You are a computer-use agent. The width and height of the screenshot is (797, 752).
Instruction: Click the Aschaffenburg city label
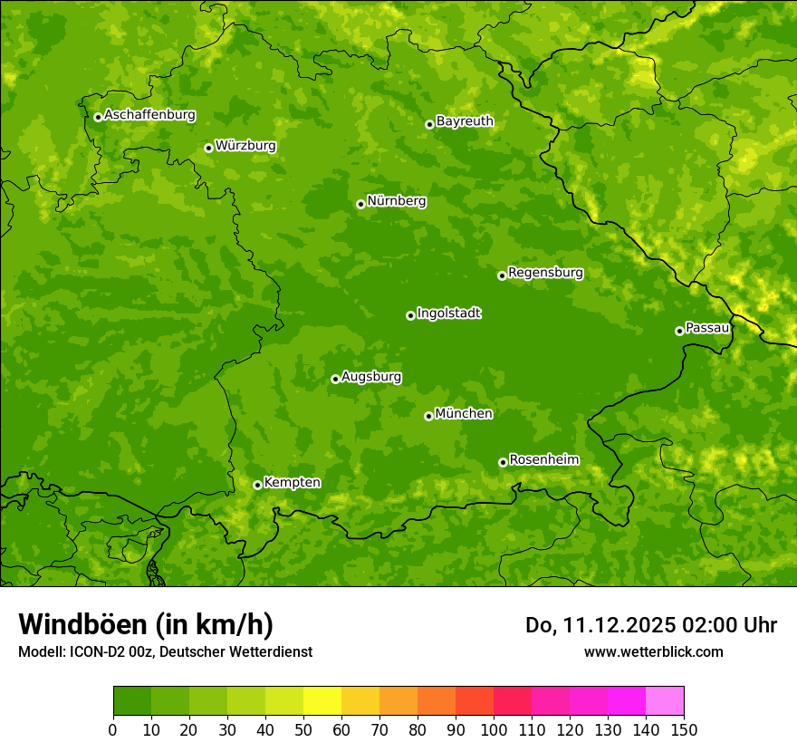click(149, 115)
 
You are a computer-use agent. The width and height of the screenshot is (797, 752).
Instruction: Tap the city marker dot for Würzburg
click(208, 148)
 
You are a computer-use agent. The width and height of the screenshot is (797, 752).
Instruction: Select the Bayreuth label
click(465, 121)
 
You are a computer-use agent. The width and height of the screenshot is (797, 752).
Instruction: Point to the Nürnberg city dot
click(360, 204)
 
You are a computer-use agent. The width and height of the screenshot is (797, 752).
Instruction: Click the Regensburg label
click(545, 273)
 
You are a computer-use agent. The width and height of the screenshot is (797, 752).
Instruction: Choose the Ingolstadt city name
click(448, 313)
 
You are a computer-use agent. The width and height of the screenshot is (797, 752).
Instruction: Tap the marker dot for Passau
click(679, 331)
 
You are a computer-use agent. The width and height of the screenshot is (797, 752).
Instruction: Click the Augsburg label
click(371, 377)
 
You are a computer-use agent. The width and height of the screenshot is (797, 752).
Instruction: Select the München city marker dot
click(428, 416)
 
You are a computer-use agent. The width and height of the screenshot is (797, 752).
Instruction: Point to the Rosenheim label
click(543, 460)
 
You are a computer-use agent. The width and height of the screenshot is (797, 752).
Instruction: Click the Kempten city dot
click(257, 485)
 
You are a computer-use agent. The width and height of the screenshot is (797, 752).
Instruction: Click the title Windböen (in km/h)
click(146, 625)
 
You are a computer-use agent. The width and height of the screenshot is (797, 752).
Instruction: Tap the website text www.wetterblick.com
click(653, 651)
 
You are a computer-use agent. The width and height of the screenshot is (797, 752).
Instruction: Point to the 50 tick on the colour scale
click(303, 729)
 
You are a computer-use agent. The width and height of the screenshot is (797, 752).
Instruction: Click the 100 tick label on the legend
click(494, 729)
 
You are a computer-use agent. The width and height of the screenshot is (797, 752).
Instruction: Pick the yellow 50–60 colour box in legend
click(322, 701)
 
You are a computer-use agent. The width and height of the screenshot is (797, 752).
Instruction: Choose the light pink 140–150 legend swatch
click(665, 701)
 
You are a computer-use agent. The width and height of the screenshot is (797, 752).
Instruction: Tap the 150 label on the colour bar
click(684, 729)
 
